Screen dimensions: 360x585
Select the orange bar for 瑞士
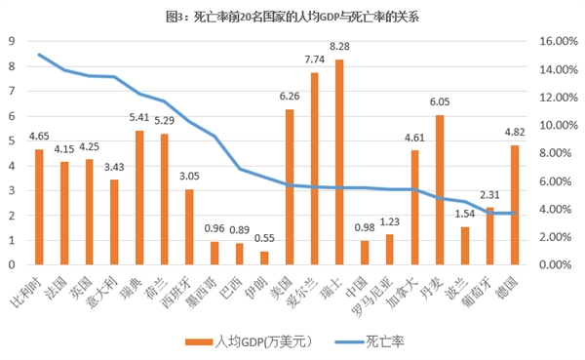339,162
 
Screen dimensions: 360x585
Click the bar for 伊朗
263,258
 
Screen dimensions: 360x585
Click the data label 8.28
339,46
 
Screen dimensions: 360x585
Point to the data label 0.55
263,237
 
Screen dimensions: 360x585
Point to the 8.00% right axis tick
549,153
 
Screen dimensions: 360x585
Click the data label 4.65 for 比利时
39,137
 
